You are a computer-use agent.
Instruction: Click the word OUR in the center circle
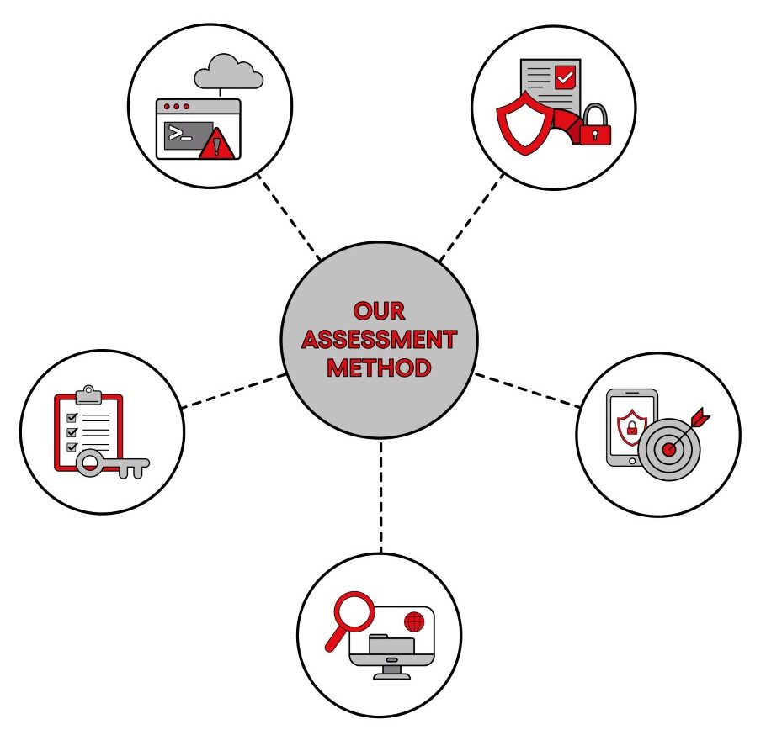[x=379, y=311]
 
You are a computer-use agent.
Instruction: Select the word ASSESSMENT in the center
[x=379, y=340]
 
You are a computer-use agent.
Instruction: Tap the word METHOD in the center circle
[x=379, y=368]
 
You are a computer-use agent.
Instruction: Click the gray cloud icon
[x=229, y=71]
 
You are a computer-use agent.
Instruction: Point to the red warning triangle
[x=217, y=144]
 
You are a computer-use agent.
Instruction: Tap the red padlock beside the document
[x=595, y=125]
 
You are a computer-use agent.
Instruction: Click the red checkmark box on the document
[x=565, y=77]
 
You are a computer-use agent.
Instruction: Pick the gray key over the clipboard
[x=113, y=463]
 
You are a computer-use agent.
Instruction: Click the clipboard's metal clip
[x=88, y=395]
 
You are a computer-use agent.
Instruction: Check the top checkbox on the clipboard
[x=72, y=418]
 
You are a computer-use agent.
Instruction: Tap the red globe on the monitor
[x=414, y=621]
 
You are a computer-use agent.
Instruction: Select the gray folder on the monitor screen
[x=391, y=643]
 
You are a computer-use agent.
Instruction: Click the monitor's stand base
[x=391, y=676]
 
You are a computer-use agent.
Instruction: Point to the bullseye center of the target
[x=669, y=449]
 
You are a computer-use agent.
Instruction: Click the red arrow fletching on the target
[x=701, y=416]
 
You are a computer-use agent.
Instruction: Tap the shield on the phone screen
[x=632, y=427]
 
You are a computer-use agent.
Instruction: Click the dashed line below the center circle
[x=381, y=497]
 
